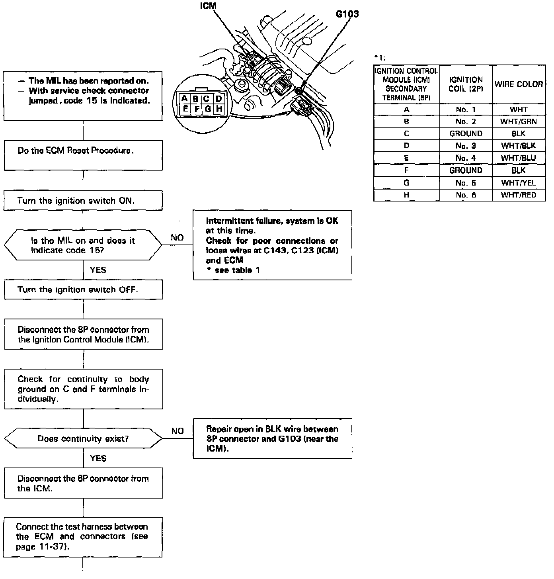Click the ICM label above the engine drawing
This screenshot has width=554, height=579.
(208, 6)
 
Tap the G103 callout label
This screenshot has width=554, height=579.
(347, 14)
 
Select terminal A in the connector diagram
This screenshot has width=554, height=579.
(184, 98)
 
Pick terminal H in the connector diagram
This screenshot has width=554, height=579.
(218, 109)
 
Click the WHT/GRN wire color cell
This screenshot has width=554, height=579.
(519, 121)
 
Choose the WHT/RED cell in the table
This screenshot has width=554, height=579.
(519, 195)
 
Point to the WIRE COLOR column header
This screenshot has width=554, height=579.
(519, 84)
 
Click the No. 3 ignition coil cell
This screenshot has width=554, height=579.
(466, 146)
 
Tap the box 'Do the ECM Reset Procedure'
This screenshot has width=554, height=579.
(83, 155)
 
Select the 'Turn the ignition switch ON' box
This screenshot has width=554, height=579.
(83, 201)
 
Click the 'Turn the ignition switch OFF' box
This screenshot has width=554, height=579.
(84, 289)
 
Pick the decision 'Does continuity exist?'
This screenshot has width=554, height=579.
(83, 439)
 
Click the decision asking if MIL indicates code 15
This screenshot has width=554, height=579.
(83, 245)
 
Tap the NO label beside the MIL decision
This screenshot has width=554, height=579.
(177, 238)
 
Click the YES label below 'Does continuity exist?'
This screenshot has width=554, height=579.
(98, 458)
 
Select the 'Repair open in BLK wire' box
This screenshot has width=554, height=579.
(272, 438)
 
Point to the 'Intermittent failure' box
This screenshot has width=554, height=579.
(272, 245)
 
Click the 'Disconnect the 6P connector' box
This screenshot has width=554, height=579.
(83, 483)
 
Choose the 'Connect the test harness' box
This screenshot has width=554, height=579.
(83, 537)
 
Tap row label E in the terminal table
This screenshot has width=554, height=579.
(406, 158)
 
